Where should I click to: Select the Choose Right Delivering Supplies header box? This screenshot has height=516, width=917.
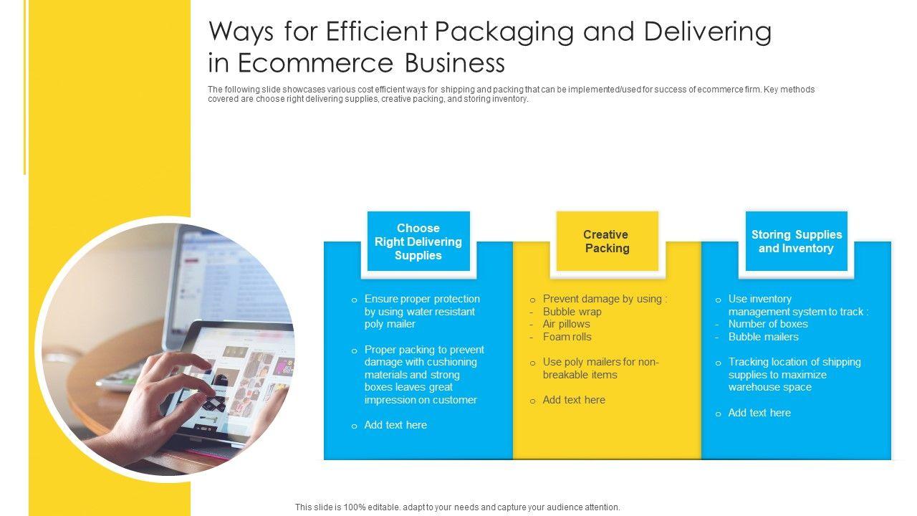pyautogui.click(x=418, y=242)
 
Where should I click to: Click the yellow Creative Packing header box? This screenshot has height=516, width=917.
pyautogui.click(x=607, y=242)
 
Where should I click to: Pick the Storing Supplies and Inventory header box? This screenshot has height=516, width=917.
pyautogui.click(x=796, y=242)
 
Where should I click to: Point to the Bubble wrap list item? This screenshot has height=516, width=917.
pyautogui.click(x=572, y=312)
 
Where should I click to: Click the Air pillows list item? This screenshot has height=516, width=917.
pyautogui.click(x=566, y=324)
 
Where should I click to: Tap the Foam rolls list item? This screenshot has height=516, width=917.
pyautogui.click(x=567, y=337)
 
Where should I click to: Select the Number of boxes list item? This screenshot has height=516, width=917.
pyautogui.click(x=768, y=324)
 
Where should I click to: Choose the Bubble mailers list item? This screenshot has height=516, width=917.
pyautogui.click(x=763, y=337)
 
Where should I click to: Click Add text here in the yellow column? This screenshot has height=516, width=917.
pyautogui.click(x=574, y=400)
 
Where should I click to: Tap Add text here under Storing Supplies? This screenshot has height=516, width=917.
pyautogui.click(x=759, y=413)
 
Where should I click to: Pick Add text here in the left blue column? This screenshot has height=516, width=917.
pyautogui.click(x=395, y=425)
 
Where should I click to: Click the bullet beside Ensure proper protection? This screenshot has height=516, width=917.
pyautogui.click(x=354, y=300)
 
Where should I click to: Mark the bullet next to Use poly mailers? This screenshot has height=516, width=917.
pyautogui.click(x=532, y=363)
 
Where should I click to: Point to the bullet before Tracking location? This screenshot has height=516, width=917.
pyautogui.click(x=718, y=363)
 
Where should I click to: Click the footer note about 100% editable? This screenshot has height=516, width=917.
pyautogui.click(x=457, y=507)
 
